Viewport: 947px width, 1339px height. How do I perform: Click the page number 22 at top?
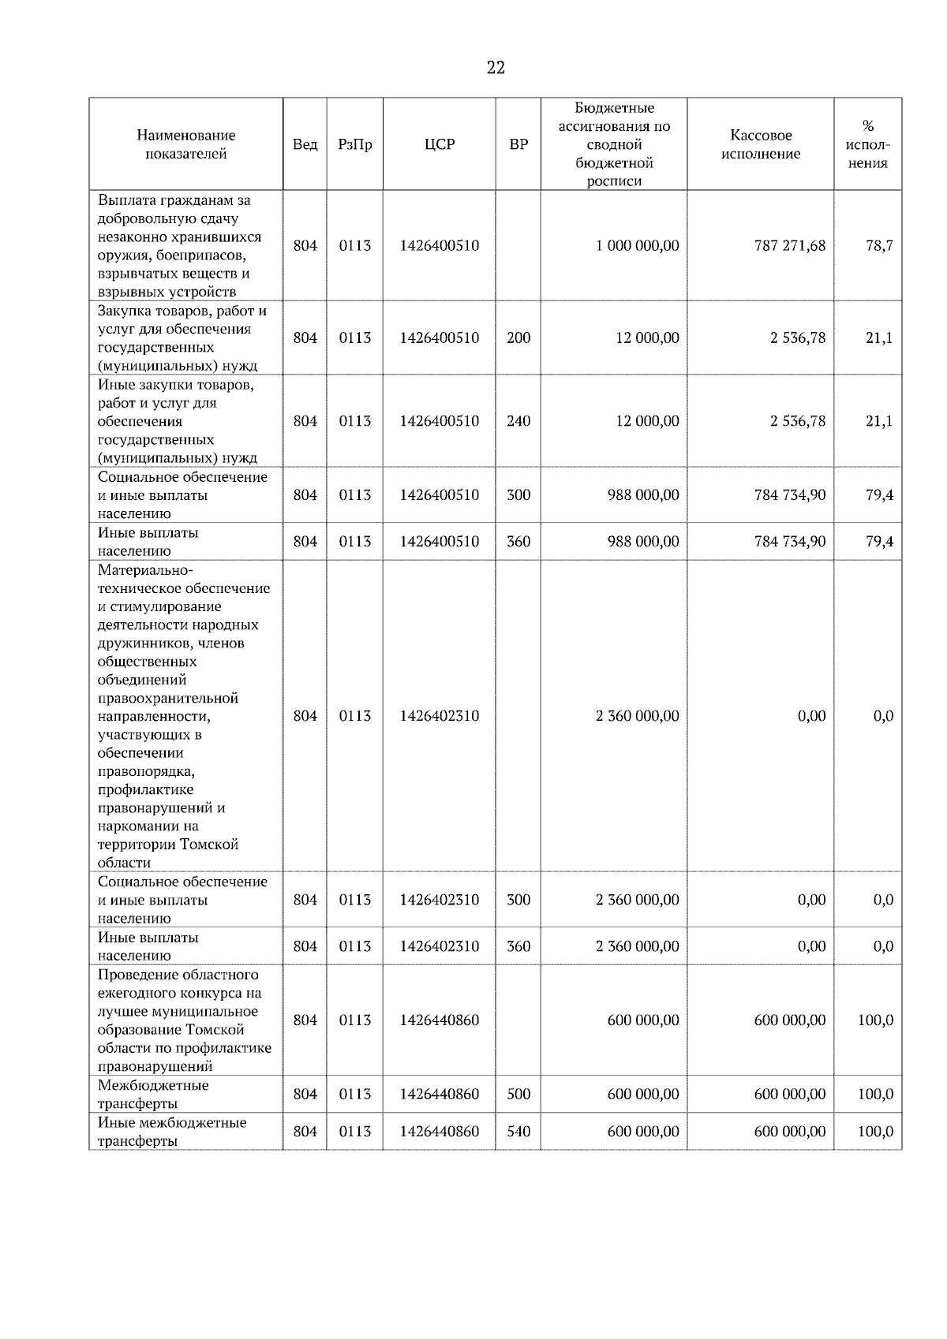[496, 68]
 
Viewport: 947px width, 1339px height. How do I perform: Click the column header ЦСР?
[440, 144]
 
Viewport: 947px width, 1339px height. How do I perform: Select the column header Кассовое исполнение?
[760, 144]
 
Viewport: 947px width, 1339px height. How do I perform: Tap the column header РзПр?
[354, 144]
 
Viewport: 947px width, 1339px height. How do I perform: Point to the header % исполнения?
[867, 144]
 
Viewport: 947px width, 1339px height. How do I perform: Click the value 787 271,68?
[789, 245]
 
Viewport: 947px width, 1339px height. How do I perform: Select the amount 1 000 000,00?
[637, 245]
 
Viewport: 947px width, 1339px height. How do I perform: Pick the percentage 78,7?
[878, 245]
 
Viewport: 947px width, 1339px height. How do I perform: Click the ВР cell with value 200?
[518, 338]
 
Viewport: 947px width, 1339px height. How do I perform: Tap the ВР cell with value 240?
[518, 420]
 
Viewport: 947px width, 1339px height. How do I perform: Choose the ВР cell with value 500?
[518, 1094]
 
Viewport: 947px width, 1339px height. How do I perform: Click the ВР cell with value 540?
[518, 1131]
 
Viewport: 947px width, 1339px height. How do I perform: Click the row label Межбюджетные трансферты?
[153, 1094]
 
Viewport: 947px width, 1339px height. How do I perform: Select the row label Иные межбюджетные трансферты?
[172, 1131]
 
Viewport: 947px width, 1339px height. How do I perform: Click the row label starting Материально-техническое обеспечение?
[183, 716]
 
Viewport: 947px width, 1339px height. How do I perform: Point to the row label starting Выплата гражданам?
[179, 245]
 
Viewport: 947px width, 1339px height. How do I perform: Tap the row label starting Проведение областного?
[184, 1020]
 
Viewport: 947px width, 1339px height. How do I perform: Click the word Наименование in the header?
[185, 135]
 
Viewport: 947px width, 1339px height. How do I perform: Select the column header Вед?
[305, 144]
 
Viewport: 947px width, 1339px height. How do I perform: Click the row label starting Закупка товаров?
[182, 338]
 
